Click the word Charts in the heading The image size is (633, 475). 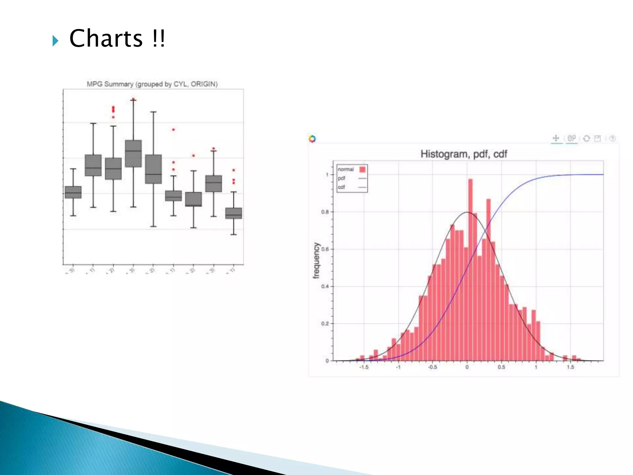[x=106, y=38]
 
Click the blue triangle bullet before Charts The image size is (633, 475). [x=55, y=41]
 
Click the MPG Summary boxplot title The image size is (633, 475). [x=152, y=84]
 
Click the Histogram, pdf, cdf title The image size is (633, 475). [x=464, y=154]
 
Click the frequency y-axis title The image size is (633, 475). [x=316, y=260]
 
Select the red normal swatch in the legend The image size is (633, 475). [x=362, y=169]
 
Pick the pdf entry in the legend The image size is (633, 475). [x=342, y=178]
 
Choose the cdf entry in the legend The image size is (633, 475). [x=342, y=187]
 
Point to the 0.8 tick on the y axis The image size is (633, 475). [x=325, y=212]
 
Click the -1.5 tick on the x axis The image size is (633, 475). [x=364, y=367]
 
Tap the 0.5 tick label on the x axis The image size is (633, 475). [x=501, y=367]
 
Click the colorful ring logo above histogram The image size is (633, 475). [x=312, y=139]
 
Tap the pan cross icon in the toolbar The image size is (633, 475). [x=556, y=138]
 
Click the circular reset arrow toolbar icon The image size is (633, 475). [x=586, y=139]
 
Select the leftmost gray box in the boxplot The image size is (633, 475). [x=73, y=192]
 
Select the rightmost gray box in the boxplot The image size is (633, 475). [x=234, y=213]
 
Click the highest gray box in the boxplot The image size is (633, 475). [x=133, y=153]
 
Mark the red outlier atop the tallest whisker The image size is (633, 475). [x=133, y=100]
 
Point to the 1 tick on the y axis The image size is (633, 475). [x=327, y=175]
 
